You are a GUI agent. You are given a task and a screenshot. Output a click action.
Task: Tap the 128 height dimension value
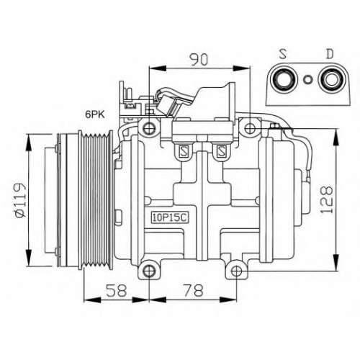328,199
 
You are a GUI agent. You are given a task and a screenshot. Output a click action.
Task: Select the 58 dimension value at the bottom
117,290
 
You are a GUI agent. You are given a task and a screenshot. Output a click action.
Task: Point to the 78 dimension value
193,290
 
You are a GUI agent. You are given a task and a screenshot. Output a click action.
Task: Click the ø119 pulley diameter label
19,200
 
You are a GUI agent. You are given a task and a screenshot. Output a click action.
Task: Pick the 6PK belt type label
95,114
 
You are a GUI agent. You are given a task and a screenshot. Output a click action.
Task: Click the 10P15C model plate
170,218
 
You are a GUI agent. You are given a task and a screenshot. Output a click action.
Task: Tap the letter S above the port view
284,54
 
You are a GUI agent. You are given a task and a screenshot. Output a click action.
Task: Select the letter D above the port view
330,54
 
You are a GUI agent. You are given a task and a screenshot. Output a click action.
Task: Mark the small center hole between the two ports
307,79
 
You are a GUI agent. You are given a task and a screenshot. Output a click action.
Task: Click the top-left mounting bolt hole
149,127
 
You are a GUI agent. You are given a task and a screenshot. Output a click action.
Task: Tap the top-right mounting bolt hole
250,128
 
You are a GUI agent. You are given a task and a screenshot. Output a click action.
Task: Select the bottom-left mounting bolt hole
149,271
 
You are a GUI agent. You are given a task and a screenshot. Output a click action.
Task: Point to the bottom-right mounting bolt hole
237,271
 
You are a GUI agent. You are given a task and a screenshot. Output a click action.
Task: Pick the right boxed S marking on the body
220,151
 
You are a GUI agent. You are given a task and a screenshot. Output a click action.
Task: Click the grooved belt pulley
96,200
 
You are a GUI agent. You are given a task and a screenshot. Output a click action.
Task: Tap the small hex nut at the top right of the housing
274,126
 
